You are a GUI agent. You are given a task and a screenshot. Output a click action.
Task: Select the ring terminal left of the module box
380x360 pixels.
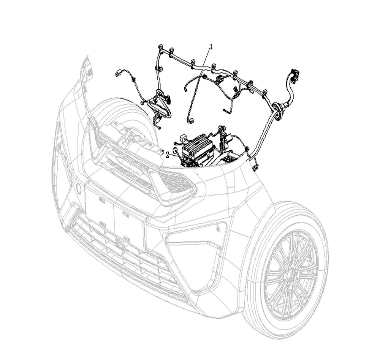[x=176, y=151]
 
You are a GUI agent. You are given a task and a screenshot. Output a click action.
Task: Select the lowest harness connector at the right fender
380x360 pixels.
[x=254, y=166]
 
